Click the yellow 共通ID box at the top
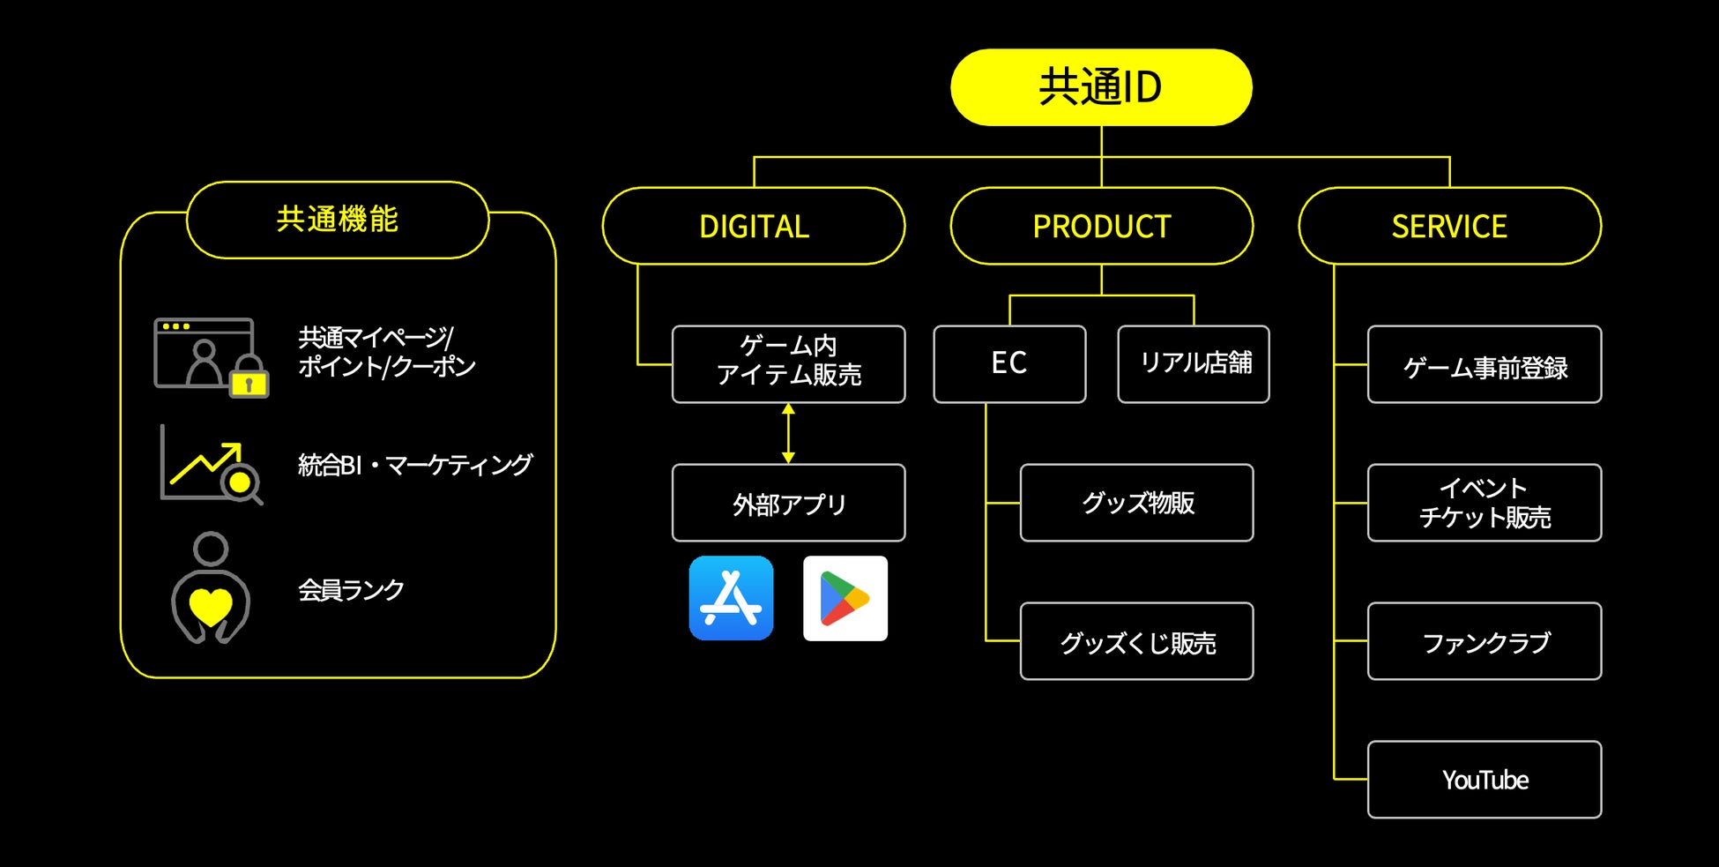[1101, 87]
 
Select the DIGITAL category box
[754, 226]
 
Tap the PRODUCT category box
[1101, 226]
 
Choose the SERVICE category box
[1449, 226]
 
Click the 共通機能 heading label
[338, 220]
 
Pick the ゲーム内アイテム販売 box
[788, 364]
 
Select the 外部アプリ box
[788, 503]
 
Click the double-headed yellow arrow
[788, 433]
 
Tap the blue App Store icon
[731, 598]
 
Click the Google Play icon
[845, 598]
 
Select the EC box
[1009, 364]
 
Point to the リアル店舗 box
[1194, 364]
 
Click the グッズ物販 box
[1136, 503]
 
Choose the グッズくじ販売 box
[1136, 641]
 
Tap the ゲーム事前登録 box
[1485, 364]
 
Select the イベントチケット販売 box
[1485, 503]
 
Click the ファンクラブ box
[1485, 641]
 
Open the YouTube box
[1485, 780]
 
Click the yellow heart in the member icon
[211, 605]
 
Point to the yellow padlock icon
[249, 380]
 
